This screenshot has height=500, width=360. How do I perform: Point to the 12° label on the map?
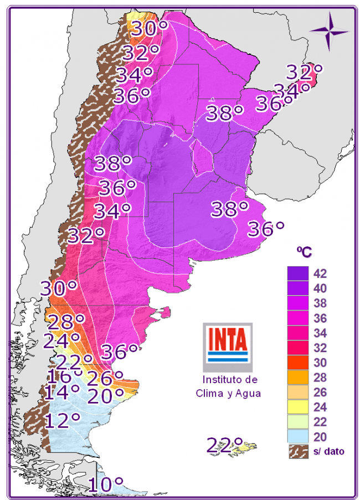point(63,420)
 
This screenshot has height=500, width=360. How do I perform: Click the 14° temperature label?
point(63,392)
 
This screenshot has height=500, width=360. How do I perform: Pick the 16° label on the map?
point(65,377)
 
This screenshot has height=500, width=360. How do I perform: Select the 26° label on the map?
point(112,379)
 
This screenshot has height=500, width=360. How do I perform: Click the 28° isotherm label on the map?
point(66,322)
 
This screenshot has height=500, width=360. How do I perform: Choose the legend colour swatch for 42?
point(298,273)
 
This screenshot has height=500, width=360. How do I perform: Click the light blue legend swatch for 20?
point(298,437)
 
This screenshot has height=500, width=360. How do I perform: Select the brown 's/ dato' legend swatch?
point(298,451)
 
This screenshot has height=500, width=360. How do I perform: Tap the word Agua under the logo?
point(246,393)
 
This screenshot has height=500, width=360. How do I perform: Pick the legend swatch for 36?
point(298,318)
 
